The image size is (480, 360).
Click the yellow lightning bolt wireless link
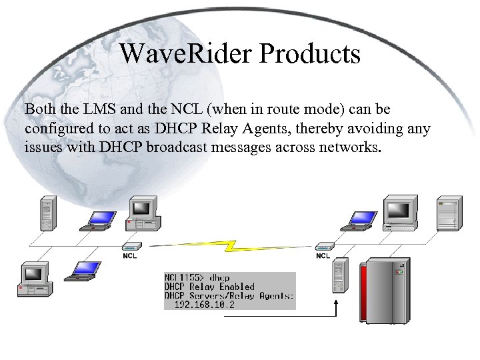click(x=227, y=245)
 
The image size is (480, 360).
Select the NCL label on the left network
click(x=130, y=255)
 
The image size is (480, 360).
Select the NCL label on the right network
click(x=323, y=255)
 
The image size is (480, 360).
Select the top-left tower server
click(x=46, y=213)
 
